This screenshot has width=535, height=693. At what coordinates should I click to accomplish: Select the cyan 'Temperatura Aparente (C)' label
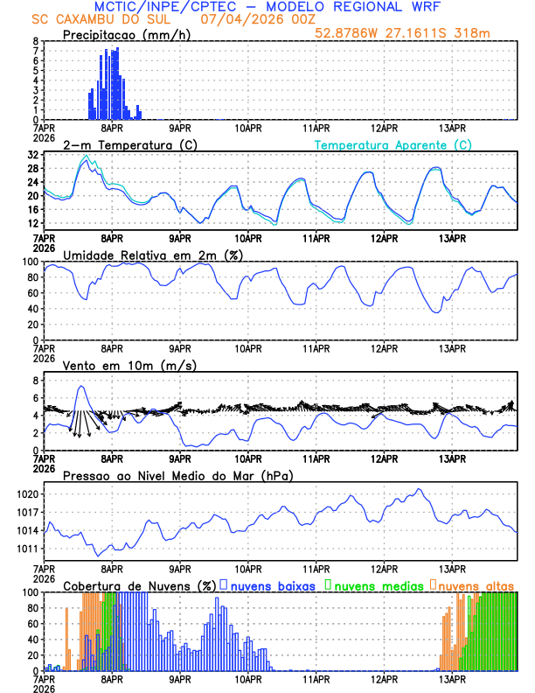[393, 144]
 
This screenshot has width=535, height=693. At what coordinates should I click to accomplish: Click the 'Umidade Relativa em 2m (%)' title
[152, 255]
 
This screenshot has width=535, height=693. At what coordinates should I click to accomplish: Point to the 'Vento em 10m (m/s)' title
[118, 365]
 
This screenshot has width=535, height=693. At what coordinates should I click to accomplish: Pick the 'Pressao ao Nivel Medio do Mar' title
[177, 475]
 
